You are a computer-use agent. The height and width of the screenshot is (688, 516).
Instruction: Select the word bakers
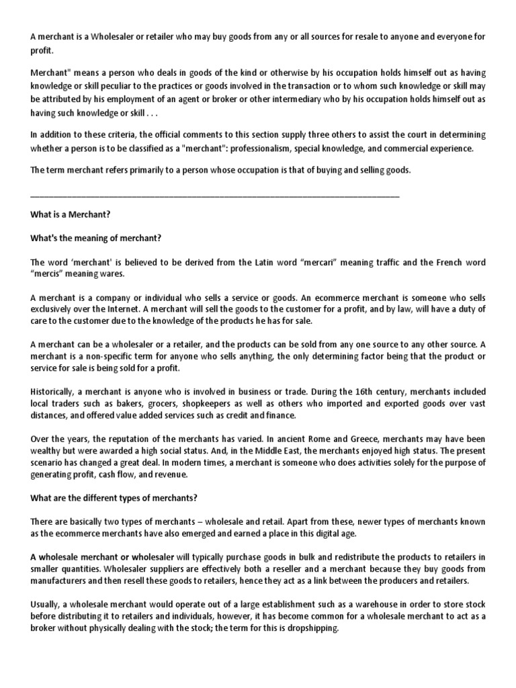122,403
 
